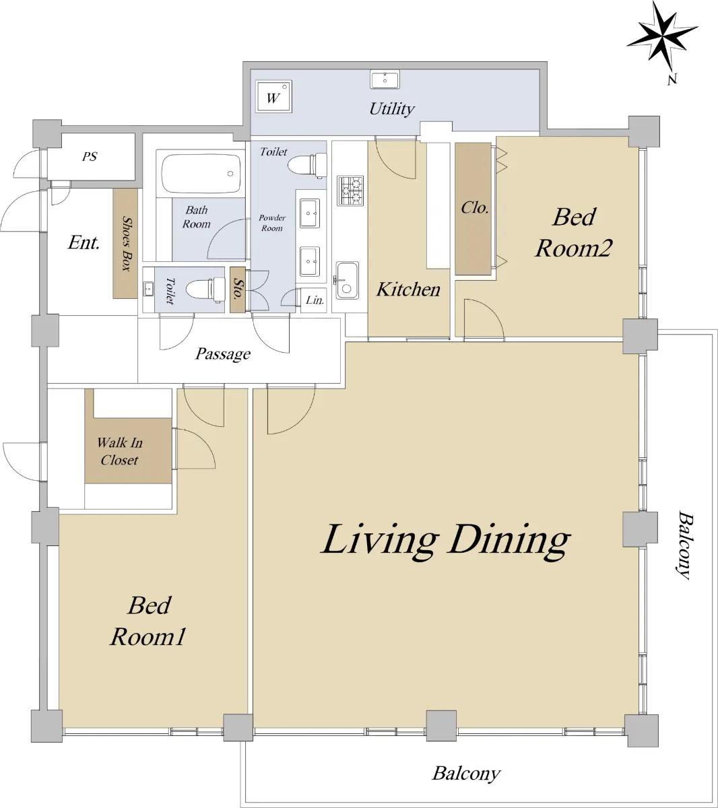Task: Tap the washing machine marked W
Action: point(274,96)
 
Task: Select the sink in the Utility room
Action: point(385,79)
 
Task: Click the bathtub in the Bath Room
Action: point(201,174)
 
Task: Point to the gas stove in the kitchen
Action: point(350,191)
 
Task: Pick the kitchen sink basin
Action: point(348,280)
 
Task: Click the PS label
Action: point(90,156)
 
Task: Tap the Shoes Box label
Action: point(127,243)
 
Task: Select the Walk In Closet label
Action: point(120,451)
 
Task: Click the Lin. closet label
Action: point(315,300)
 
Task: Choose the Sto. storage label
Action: point(238,289)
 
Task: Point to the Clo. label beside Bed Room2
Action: point(475,207)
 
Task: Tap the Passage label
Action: point(222,353)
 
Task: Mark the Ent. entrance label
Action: point(84,242)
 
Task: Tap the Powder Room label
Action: point(272,223)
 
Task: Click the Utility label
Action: point(392,108)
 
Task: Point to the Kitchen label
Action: point(408,289)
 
